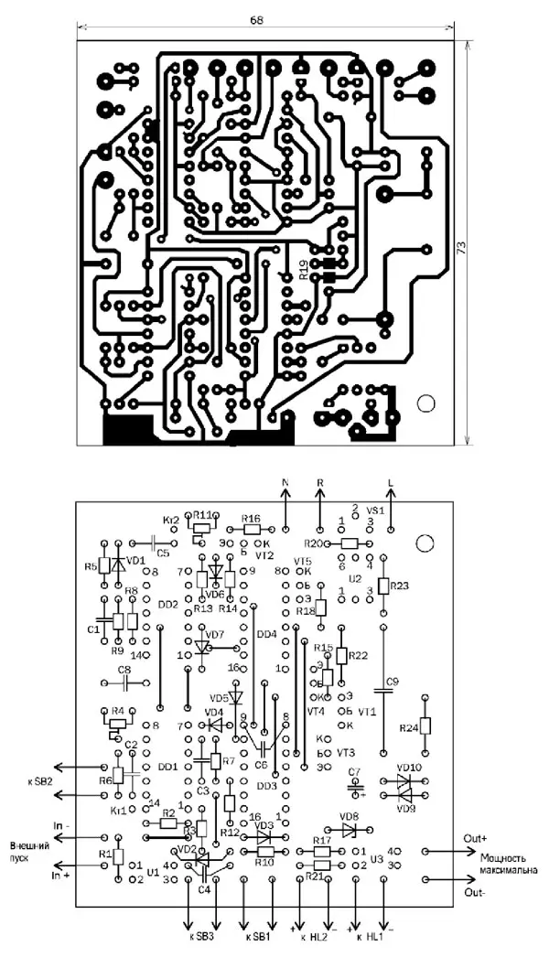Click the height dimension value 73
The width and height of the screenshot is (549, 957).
click(x=463, y=248)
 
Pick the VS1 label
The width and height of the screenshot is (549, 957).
click(x=375, y=511)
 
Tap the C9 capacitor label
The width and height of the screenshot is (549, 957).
click(x=393, y=682)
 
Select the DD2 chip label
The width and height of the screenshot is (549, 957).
click(x=167, y=605)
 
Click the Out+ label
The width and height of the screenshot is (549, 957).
click(x=477, y=836)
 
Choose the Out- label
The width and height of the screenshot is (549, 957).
click(x=474, y=891)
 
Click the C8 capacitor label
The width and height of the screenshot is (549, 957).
click(x=124, y=670)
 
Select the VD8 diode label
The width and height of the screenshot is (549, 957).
click(x=349, y=817)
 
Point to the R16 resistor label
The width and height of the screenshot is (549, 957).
click(x=252, y=518)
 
